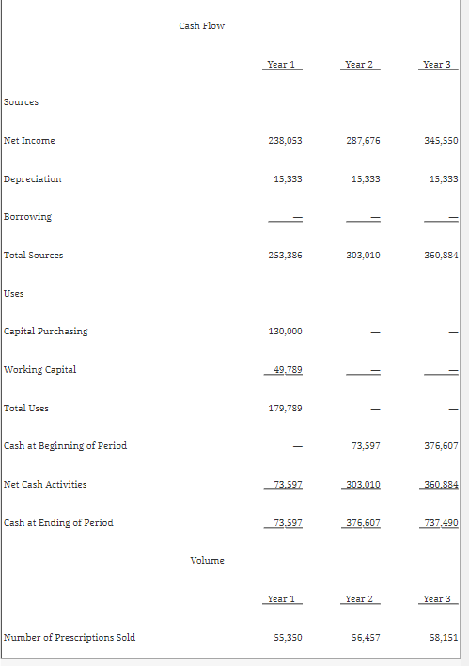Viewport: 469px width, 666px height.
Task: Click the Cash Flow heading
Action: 201,25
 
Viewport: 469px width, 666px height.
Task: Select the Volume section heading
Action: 207,560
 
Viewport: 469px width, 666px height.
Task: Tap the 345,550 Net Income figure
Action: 441,140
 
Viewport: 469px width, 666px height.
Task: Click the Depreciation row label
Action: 33,178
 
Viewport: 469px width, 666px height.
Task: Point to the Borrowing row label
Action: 28,216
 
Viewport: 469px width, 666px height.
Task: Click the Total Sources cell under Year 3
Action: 441,255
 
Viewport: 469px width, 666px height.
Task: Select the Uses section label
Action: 14,293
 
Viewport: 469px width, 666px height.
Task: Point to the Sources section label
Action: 22,101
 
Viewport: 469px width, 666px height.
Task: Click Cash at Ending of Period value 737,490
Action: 441,522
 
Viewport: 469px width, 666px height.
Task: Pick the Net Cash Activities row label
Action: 45,484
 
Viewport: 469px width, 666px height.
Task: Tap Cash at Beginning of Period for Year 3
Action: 441,445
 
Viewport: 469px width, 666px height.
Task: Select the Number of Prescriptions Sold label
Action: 70,637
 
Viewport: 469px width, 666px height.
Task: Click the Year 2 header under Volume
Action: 359,598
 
